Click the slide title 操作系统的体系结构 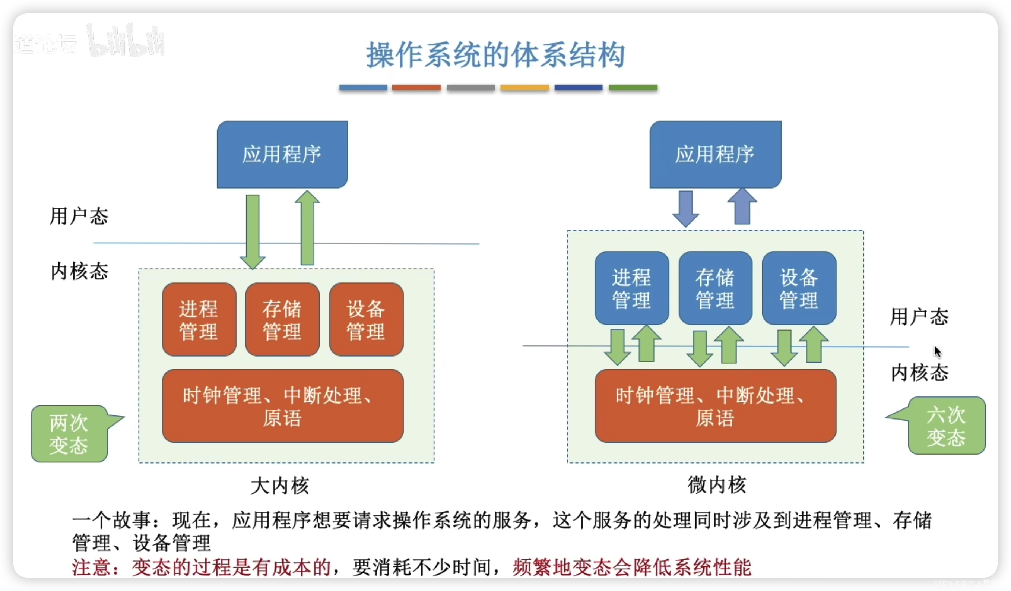[495, 55]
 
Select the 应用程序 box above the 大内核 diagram [282, 155]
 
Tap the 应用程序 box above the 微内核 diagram [715, 155]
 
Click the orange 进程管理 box [199, 319]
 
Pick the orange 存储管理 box [282, 319]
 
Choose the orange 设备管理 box [366, 319]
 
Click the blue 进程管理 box [631, 288]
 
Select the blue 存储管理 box [715, 288]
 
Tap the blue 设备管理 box [799, 288]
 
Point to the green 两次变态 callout [69, 434]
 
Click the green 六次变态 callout [946, 426]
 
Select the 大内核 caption [280, 486]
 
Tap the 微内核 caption [716, 485]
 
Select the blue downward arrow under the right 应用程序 [686, 208]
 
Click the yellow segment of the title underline [524, 88]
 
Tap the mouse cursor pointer [937, 352]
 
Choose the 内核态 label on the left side [79, 272]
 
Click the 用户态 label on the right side [919, 317]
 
